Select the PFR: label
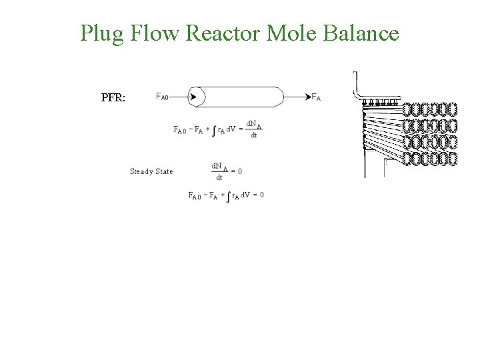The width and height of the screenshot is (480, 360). (117, 97)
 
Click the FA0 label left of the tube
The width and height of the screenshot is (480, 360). (162, 97)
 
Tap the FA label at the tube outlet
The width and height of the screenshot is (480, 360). (316, 97)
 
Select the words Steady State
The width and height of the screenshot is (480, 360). (151, 171)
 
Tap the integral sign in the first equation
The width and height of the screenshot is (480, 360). (213, 130)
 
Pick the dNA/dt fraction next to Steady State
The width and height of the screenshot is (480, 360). (217, 171)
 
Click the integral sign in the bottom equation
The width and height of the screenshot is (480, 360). (229, 196)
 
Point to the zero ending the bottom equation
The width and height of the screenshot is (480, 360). (261, 195)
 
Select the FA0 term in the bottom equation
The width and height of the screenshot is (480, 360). (194, 195)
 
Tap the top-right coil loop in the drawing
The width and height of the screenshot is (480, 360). (452, 109)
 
